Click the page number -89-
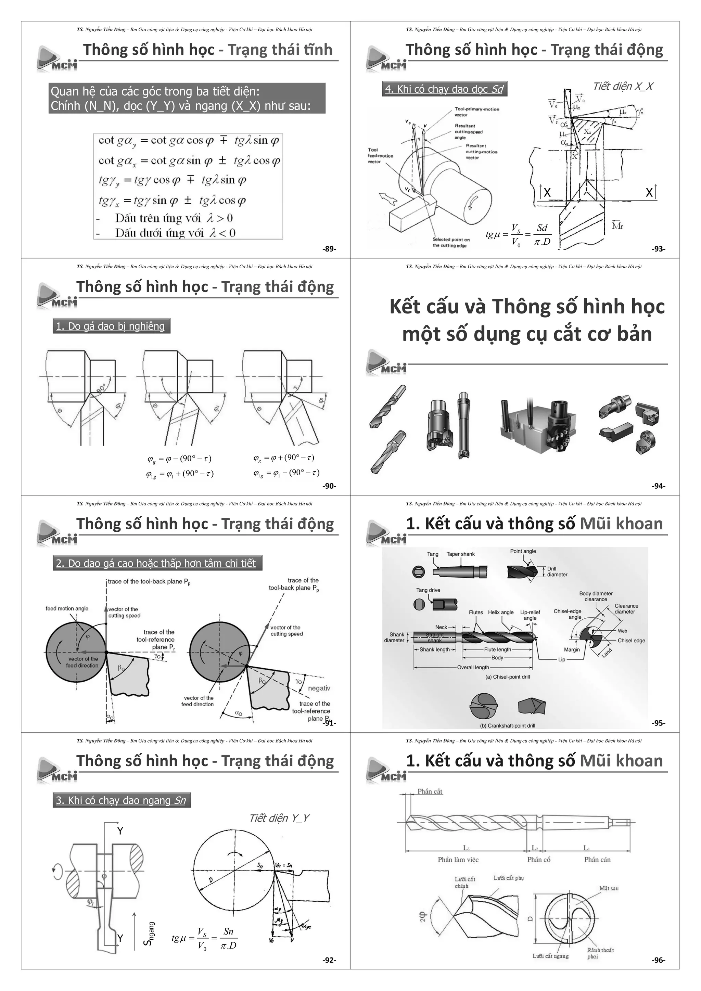(x=329, y=249)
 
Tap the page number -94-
(x=658, y=486)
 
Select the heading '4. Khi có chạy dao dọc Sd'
(x=444, y=89)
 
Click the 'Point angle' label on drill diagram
(x=523, y=551)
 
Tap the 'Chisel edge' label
(x=631, y=641)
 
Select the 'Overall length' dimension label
(x=473, y=667)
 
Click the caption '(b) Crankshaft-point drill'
(x=507, y=725)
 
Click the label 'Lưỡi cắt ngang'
(x=550, y=956)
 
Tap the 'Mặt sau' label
(x=609, y=888)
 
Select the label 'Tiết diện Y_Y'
(x=279, y=818)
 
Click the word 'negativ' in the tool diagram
(x=319, y=688)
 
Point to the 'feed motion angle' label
(x=67, y=608)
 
